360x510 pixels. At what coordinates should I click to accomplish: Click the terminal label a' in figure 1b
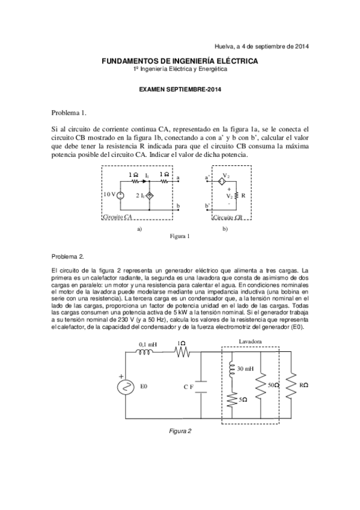[x=207, y=178]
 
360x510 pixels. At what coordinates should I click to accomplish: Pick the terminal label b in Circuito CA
[x=178, y=206]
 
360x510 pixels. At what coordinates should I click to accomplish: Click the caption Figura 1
[x=180, y=236]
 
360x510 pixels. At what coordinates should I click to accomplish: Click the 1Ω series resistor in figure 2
[x=181, y=354]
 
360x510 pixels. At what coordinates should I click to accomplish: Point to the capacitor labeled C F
[x=200, y=386]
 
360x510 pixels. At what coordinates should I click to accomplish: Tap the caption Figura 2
[x=180, y=431]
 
